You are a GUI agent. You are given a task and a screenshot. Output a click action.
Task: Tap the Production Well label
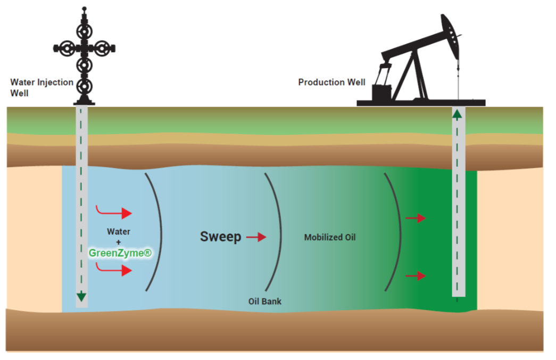point(331,82)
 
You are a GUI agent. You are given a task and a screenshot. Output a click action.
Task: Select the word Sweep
point(220,237)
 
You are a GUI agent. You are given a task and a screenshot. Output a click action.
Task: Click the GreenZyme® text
point(120,253)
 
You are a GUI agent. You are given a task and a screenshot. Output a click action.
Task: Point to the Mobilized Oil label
point(329,238)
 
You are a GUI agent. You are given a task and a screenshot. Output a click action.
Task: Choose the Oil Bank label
point(265,302)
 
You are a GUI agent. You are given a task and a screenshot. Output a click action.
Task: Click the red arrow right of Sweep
point(256,237)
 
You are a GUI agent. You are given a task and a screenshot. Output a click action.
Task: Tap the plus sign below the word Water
point(119,242)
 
